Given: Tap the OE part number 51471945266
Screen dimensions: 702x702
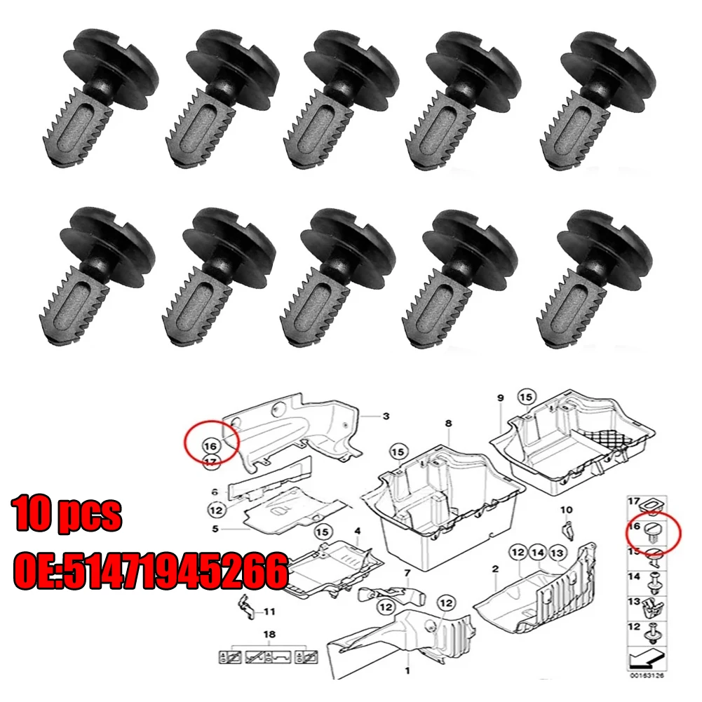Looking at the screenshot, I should tap(150, 571).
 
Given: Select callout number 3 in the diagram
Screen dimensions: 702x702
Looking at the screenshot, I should tap(386, 417).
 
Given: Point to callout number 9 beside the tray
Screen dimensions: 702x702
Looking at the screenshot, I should tap(501, 398).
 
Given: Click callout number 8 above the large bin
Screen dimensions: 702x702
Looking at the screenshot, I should tap(448, 424).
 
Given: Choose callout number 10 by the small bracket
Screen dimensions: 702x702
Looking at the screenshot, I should tap(567, 509).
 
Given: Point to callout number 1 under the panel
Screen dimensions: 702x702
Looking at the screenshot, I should tap(407, 670).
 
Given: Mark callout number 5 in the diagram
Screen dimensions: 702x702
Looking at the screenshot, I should tap(216, 529).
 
